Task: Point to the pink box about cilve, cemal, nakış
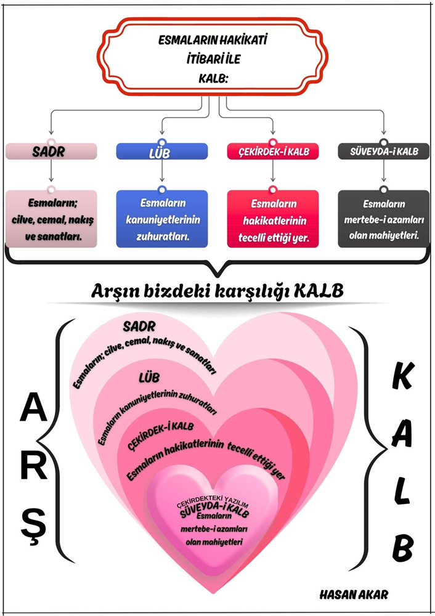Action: pos(51,219)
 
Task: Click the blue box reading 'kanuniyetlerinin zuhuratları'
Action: pos(162,219)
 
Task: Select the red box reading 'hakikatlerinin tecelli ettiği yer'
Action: pos(273,219)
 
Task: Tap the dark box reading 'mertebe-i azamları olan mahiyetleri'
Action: pos(384,219)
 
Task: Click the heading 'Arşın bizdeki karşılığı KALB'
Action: pos(218,290)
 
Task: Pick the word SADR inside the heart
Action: pos(139,326)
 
